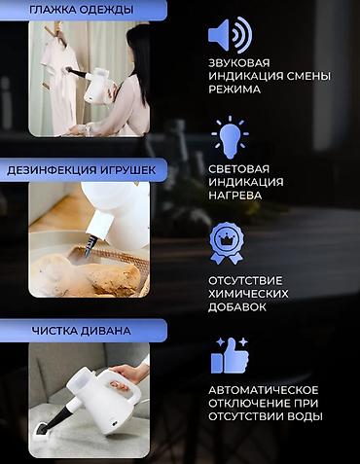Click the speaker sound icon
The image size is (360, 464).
[230, 37]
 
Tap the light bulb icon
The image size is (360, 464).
[230, 140]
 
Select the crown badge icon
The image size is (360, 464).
[229, 242]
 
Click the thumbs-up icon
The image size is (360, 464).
[229, 355]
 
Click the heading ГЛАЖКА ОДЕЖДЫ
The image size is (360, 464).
[82, 12]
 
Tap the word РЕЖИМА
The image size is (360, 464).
[234, 89]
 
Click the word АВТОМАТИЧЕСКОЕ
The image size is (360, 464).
[263, 390]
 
